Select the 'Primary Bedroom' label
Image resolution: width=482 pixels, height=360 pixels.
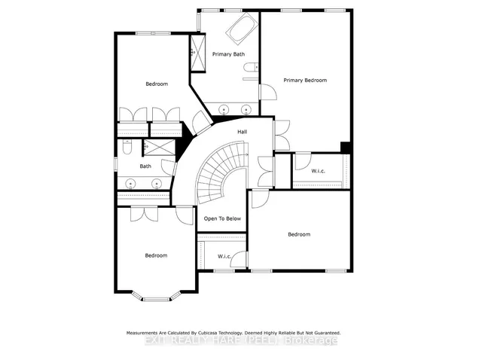[x=307, y=80]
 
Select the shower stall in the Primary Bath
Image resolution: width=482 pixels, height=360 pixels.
[x=192, y=53]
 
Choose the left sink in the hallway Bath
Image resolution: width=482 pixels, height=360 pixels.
[x=132, y=182]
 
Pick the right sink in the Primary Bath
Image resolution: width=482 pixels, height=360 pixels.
[x=246, y=110]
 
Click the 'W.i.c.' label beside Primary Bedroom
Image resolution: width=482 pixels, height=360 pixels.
[x=319, y=172]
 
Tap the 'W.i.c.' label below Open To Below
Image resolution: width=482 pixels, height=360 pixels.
[x=224, y=257]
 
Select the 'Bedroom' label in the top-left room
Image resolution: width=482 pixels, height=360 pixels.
[x=156, y=84]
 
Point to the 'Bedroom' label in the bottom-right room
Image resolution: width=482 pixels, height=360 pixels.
[x=299, y=234]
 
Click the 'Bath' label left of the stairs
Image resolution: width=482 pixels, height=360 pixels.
[x=145, y=166]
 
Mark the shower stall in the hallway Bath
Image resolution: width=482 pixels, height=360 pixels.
[x=158, y=148]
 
